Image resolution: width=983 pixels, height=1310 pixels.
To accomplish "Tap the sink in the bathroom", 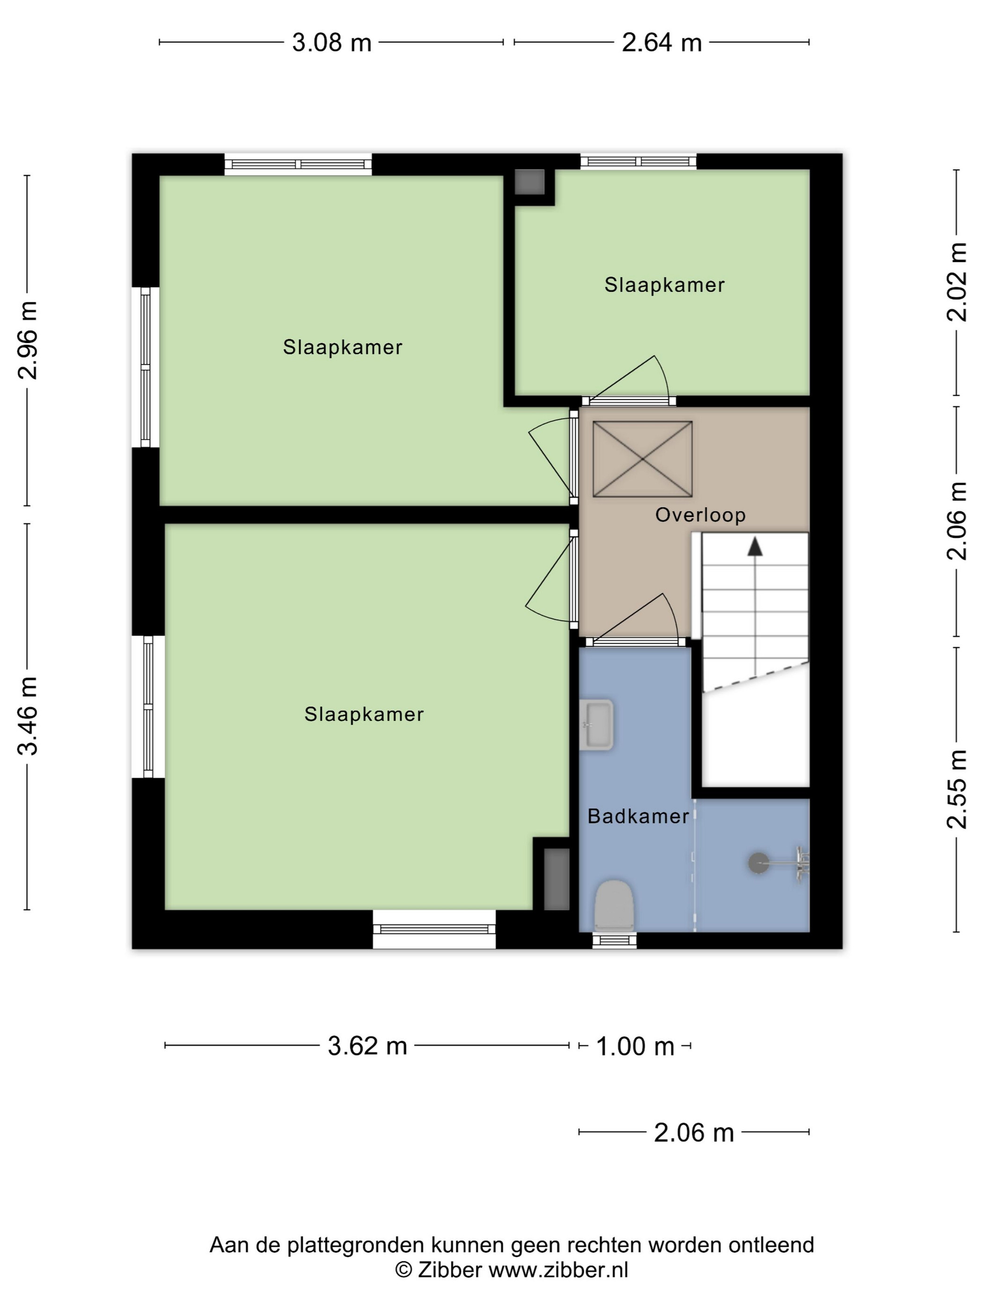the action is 597,725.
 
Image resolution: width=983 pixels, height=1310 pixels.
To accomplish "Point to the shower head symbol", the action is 758,863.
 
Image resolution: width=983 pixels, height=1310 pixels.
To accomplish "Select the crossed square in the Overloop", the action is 642,459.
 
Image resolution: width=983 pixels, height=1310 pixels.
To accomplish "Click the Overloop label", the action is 700,515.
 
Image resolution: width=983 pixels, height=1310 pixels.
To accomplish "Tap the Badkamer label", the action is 638,817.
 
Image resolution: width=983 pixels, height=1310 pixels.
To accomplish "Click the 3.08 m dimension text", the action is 332,43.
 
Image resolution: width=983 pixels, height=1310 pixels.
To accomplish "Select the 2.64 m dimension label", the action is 662,43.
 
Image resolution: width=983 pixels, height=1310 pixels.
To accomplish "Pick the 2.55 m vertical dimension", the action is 957,789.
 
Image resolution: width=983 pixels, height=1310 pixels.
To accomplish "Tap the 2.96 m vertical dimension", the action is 27,340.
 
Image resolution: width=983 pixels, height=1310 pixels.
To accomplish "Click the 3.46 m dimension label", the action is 27,716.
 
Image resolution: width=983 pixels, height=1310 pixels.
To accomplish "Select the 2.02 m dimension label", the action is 957,282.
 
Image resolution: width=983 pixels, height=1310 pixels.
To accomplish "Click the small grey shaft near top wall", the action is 529,182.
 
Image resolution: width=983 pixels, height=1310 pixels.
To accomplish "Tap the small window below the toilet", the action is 615,940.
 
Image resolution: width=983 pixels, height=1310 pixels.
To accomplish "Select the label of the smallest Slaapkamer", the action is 664,285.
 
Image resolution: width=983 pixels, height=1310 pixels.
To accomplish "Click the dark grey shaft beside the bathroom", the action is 557,880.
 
